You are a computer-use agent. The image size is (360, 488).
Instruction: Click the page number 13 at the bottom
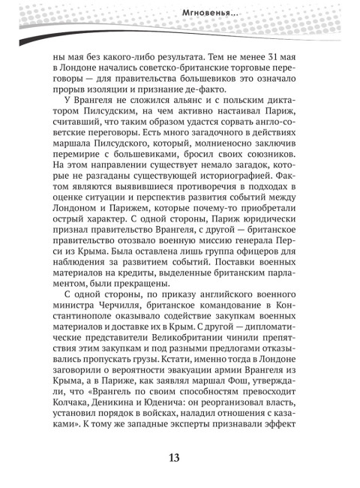click(x=179, y=459)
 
